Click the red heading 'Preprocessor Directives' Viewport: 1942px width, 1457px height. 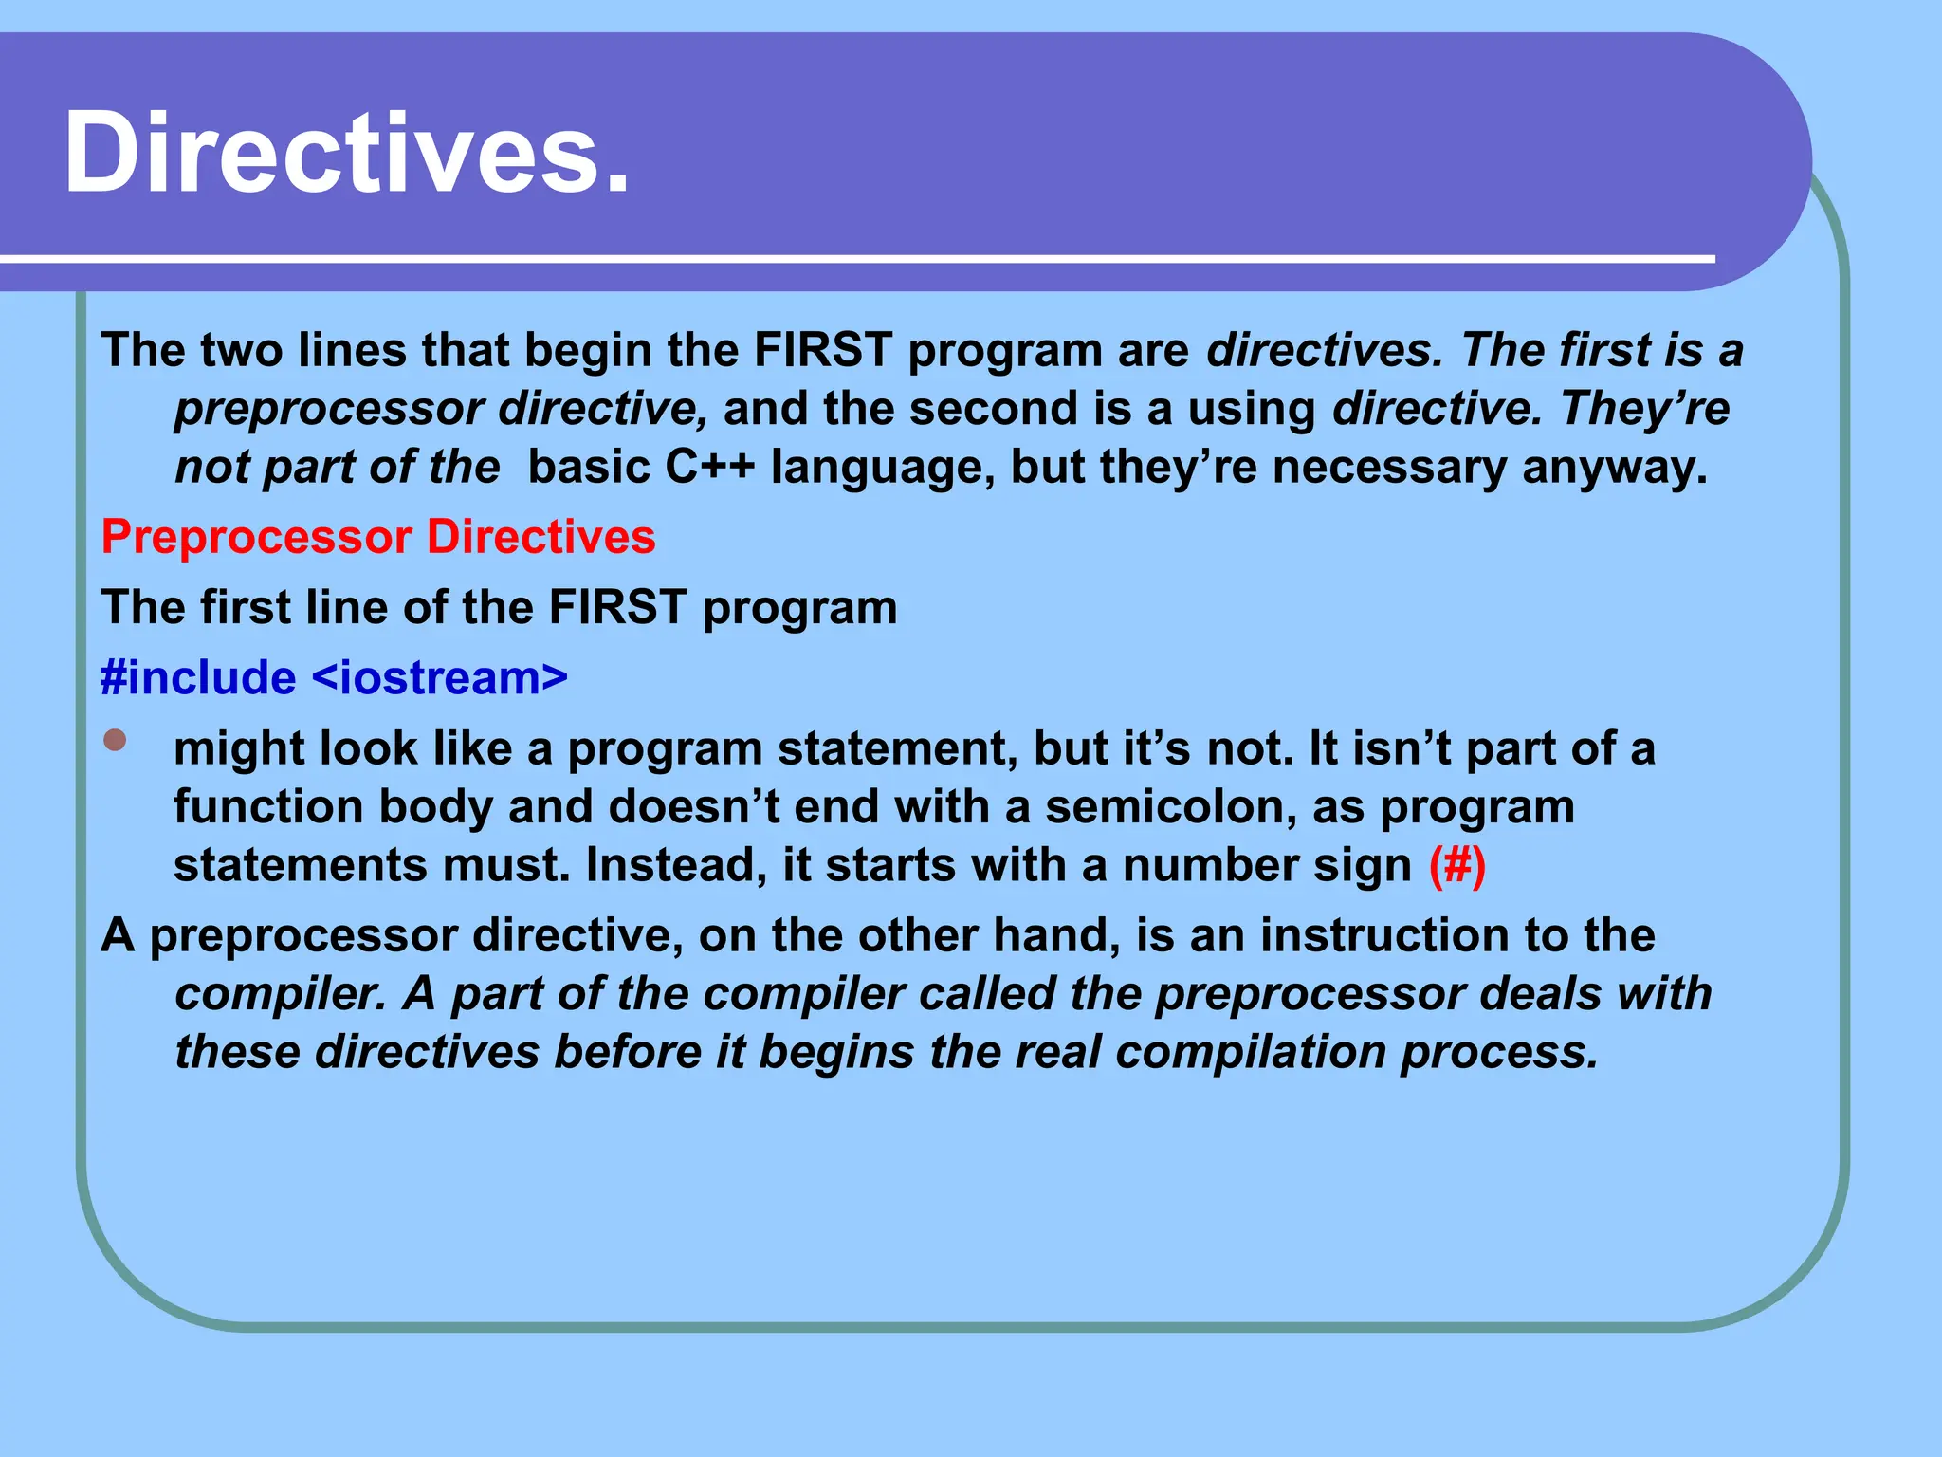tap(378, 537)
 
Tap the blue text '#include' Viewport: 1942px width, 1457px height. tap(198, 677)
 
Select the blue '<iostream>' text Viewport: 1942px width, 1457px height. tap(439, 677)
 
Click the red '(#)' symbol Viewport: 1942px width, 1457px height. tap(1457, 865)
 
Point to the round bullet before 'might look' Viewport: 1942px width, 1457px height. tap(115, 740)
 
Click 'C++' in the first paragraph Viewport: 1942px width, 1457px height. tap(709, 467)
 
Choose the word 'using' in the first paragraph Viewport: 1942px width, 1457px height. tap(1252, 409)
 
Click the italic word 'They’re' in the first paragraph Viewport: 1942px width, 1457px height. tap(1644, 409)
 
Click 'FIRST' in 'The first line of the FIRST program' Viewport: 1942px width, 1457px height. tap(617, 607)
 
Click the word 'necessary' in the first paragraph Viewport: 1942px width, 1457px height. tap(1389, 467)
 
